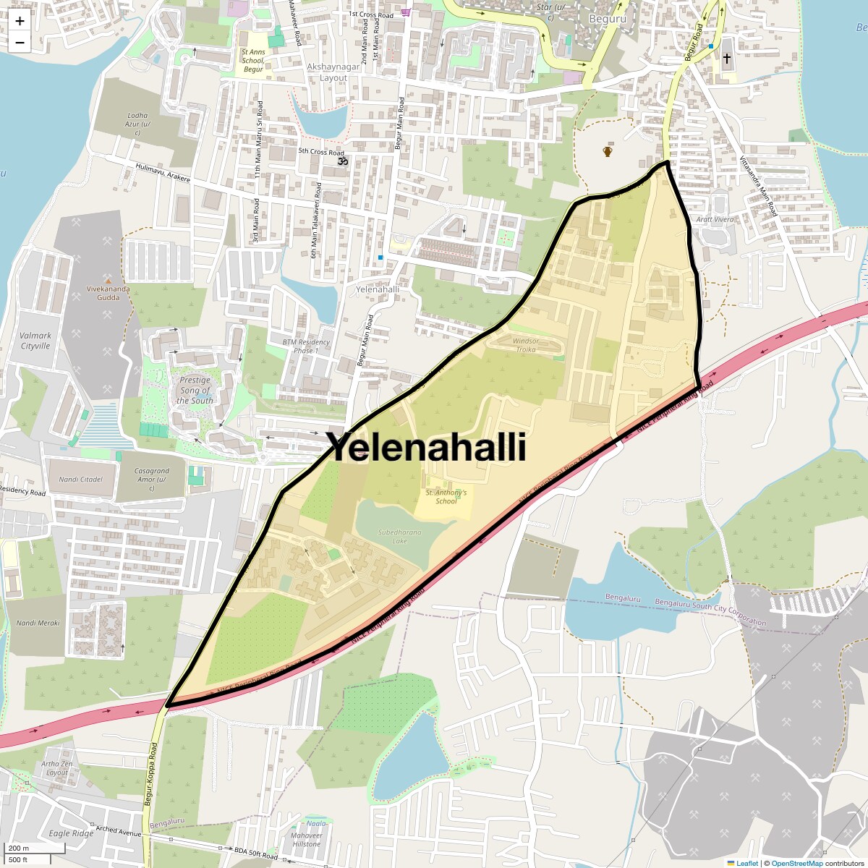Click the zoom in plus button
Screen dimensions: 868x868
tap(20, 21)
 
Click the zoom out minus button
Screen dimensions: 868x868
tap(20, 42)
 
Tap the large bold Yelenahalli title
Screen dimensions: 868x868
tap(427, 447)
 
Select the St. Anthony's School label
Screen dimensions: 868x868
tap(446, 497)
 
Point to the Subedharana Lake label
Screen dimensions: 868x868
tap(399, 536)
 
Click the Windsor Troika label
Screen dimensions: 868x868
tap(526, 345)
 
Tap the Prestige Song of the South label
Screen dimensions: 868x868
tap(195, 390)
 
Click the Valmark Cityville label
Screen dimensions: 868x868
tap(35, 341)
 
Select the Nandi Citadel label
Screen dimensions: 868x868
tap(81, 479)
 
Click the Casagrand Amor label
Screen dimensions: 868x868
tap(152, 479)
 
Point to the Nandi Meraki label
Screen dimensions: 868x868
tap(38, 623)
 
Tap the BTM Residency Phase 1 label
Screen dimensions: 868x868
tap(305, 346)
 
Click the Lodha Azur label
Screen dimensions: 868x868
tap(137, 124)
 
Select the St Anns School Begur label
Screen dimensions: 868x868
tap(253, 60)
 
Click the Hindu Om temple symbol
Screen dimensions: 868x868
tap(343, 161)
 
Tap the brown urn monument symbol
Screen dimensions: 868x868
tap(608, 151)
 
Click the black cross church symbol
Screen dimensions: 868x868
tap(726, 58)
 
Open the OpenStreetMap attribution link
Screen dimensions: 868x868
tap(796, 863)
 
